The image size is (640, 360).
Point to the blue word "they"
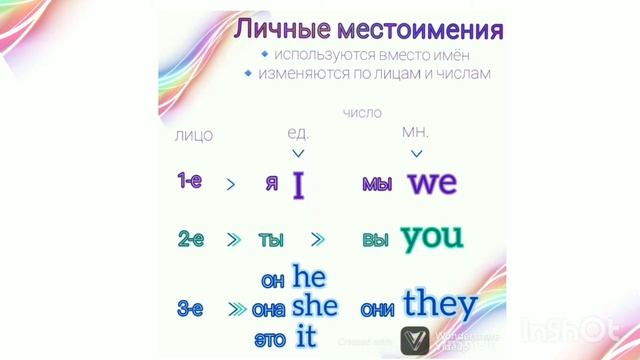click(439, 303)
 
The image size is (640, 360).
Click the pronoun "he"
click(309, 276)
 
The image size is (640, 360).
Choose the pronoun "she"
click(315, 305)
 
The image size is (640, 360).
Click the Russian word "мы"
click(377, 185)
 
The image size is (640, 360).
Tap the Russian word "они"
click(377, 309)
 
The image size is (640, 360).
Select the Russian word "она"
click(269, 309)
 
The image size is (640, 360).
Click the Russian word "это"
click(270, 338)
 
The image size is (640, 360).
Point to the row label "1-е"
click(190, 181)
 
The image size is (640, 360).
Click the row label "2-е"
click(190, 239)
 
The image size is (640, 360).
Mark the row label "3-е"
click(190, 309)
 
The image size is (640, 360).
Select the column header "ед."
click(298, 133)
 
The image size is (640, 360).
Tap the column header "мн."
click(415, 133)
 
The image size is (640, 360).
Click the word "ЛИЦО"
click(193, 135)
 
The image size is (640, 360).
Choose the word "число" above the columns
click(361, 113)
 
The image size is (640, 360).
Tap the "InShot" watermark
click(571, 329)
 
